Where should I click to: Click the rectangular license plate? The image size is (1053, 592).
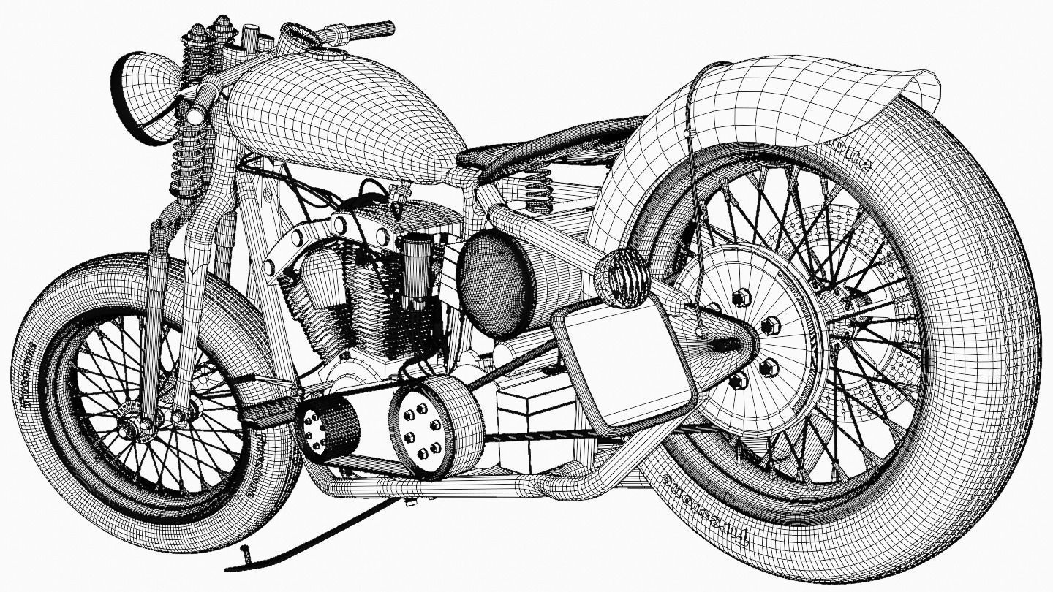[622, 365]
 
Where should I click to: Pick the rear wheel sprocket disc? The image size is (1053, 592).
[746, 336]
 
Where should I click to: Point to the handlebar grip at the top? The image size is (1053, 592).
[369, 29]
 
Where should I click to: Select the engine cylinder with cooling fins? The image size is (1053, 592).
[373, 300]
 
